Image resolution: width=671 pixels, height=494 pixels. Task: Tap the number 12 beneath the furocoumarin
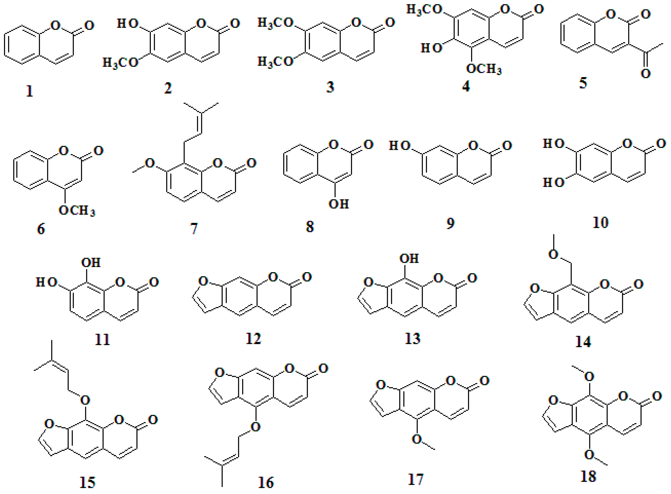tap(253, 338)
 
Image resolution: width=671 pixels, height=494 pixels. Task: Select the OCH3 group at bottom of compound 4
tap(484, 69)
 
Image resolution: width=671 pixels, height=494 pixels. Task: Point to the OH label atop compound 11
tap(91, 263)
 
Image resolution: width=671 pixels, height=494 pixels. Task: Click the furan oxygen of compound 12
tap(203, 281)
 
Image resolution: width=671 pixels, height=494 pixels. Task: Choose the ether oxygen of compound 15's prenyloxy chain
tap(85, 400)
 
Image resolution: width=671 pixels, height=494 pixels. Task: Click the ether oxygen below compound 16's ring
tap(255, 427)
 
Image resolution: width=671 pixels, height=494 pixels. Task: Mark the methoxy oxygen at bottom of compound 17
tap(417, 439)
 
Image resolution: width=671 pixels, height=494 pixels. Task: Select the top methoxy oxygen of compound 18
tap(589, 376)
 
